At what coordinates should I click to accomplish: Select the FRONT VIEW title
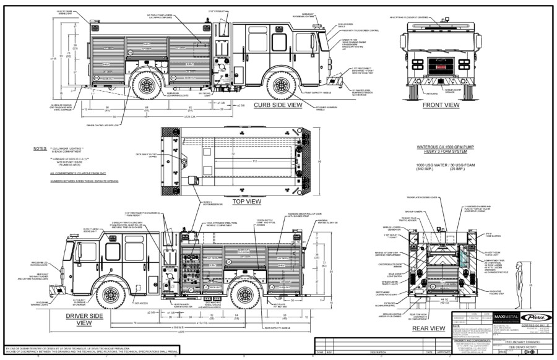441,105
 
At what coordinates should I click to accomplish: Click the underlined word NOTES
41,148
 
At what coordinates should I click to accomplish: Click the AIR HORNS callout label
400,94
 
